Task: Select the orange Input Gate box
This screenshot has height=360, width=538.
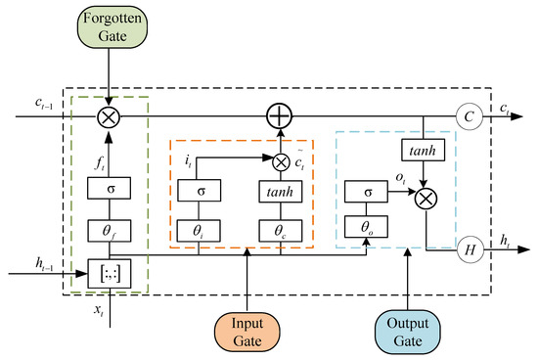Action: pyautogui.click(x=248, y=328)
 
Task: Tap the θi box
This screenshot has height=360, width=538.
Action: pyautogui.click(x=200, y=232)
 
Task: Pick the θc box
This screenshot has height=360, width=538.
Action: pyautogui.click(x=281, y=232)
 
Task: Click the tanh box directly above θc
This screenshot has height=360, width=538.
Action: pyautogui.click(x=281, y=191)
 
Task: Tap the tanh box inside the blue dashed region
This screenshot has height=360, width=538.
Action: pyautogui.click(x=423, y=150)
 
